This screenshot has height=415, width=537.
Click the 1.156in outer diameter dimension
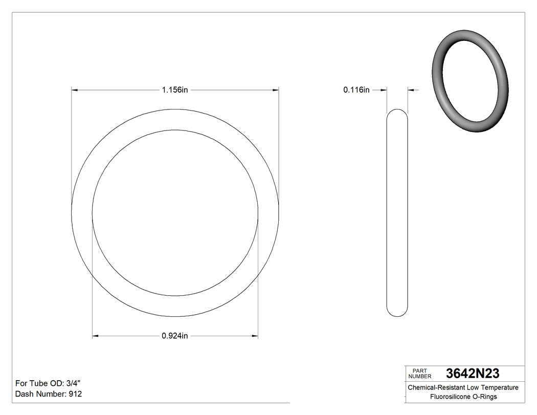pos(175,90)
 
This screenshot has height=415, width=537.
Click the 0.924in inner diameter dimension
pos(175,336)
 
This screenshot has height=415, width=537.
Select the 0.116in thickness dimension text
pos(356,90)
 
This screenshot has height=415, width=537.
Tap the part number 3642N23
pos(473,373)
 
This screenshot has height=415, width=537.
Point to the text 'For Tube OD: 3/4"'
pos(48,383)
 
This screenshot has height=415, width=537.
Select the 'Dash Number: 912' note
pos(49,394)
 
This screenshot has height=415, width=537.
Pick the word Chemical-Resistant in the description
pos(435,387)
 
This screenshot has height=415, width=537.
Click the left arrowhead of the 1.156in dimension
pos(75,90)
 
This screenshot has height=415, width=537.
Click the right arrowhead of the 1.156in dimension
pos(276,90)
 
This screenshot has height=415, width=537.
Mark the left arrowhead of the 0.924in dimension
pos(95,336)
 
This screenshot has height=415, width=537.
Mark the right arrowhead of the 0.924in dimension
pos(255,336)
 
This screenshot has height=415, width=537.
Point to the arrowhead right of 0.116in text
pos(383,90)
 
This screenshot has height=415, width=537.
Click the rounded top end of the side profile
pos(397,113)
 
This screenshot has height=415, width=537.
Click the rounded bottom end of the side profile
pos(397,312)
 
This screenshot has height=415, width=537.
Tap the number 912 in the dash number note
pos(75,394)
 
